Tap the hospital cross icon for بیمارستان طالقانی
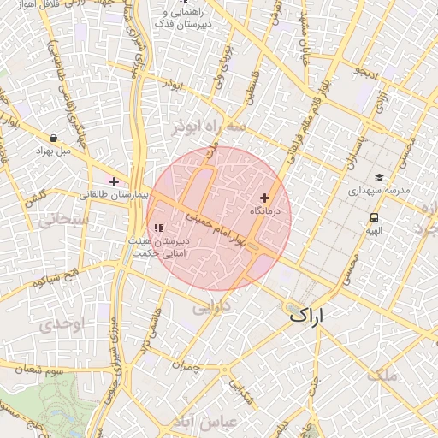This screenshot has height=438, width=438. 114,181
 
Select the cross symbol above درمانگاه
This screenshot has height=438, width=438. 264,198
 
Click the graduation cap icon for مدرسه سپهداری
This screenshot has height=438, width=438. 378,177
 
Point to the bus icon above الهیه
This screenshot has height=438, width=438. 374,217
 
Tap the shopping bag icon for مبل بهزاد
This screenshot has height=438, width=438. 54,137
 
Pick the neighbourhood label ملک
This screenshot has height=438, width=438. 382,375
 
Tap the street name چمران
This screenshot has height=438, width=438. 184,364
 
